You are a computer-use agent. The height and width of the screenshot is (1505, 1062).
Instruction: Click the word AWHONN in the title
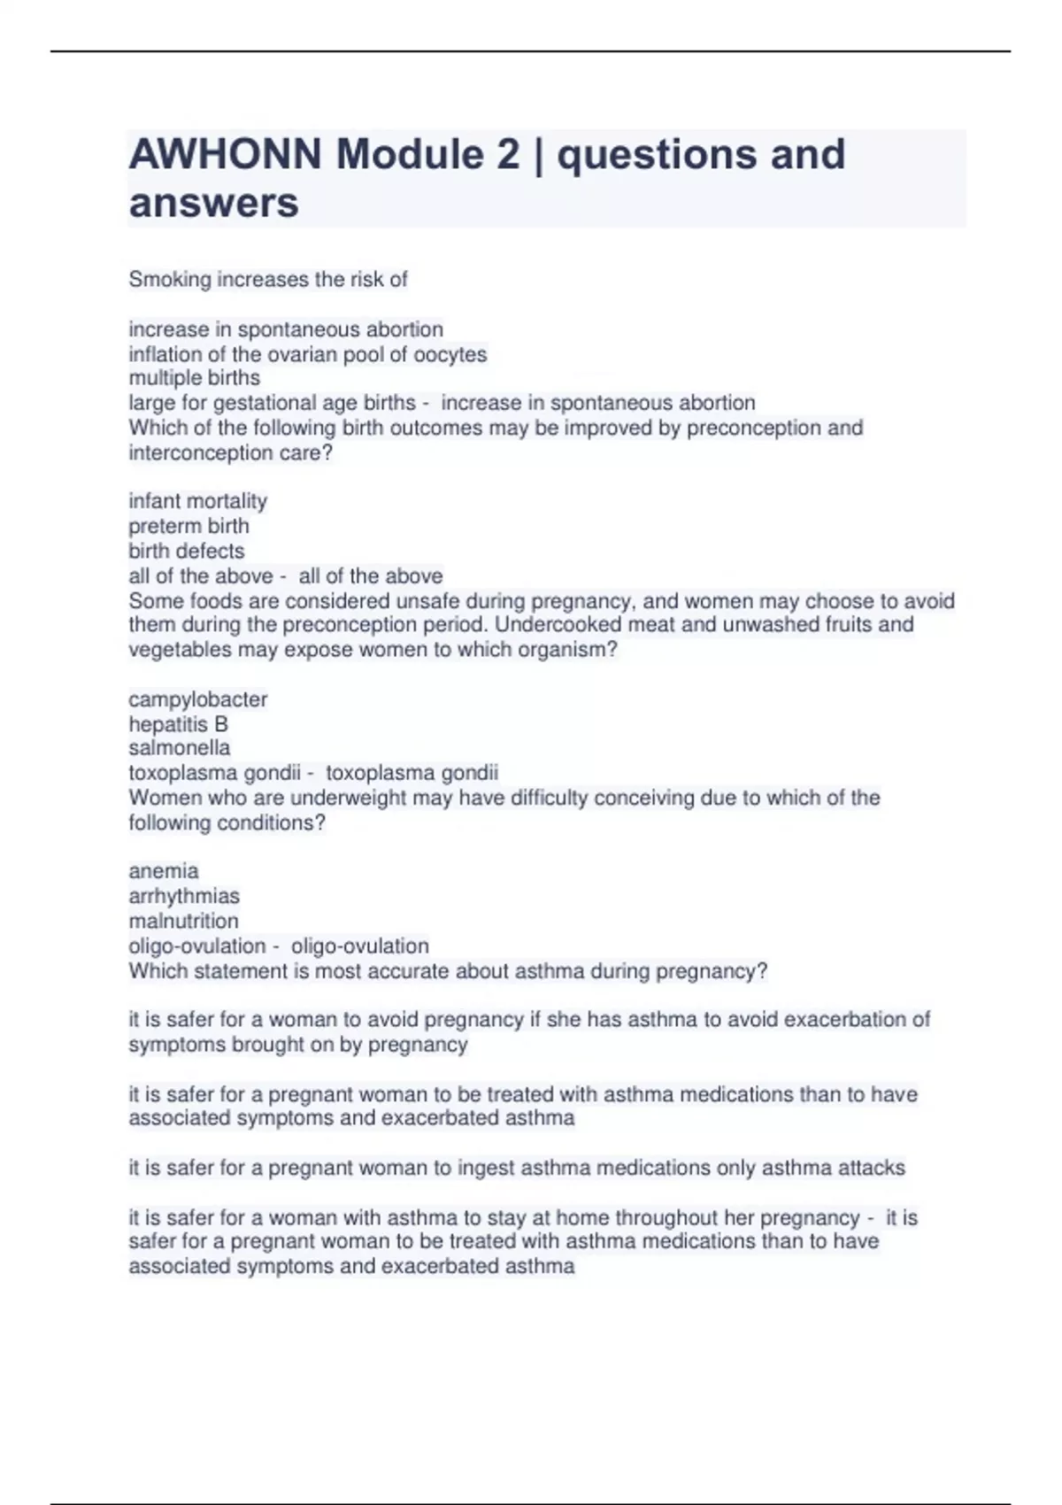coord(225,155)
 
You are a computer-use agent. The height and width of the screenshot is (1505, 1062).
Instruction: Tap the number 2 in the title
coord(507,155)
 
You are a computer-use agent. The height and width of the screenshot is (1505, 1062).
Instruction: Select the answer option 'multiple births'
coord(194,378)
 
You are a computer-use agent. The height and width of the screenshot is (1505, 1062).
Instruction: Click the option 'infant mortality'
coord(197,501)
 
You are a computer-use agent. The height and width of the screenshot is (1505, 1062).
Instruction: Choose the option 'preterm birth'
coord(189,526)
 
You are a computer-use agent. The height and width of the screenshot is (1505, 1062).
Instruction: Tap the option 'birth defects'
coord(186,551)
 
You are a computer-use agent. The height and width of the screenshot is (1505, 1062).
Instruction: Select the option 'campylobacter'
coord(197,699)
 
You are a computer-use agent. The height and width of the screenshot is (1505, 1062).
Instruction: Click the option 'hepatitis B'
coord(178,724)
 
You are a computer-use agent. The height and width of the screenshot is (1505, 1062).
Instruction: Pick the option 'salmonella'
coord(179,748)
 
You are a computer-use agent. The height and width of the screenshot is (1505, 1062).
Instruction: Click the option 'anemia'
coord(164,871)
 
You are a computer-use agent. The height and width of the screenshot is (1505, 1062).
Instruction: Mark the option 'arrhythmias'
coord(184,896)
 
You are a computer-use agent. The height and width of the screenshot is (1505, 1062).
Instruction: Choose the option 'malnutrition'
coord(183,921)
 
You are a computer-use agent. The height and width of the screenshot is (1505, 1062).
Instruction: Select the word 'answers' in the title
coord(213,204)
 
